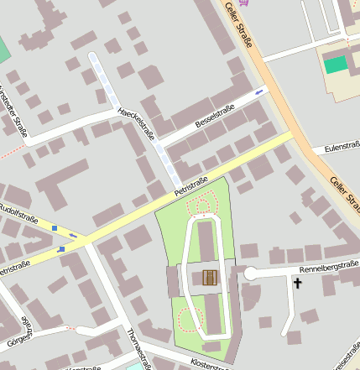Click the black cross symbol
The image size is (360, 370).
point(296,284)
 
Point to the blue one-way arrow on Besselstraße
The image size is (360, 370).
point(258,91)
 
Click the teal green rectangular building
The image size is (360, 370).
point(335,64)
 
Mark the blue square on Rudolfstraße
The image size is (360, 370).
point(55,227)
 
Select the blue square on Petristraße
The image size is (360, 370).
point(61,248)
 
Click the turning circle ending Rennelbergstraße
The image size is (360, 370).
point(250,273)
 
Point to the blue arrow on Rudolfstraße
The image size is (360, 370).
point(74,235)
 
